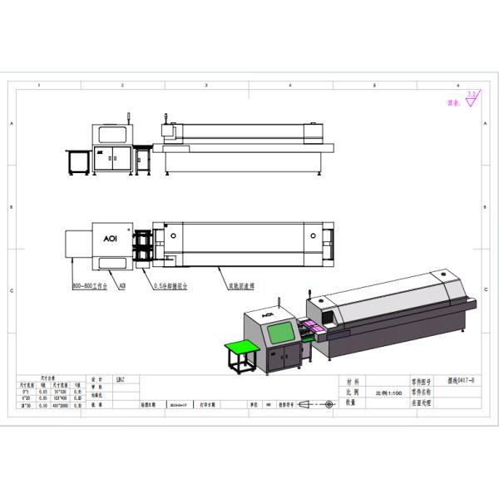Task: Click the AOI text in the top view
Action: click(x=109, y=235)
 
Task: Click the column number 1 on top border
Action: click(x=39, y=86)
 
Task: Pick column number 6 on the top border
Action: click(x=458, y=86)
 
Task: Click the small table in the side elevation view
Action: click(x=80, y=161)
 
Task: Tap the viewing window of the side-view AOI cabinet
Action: click(x=110, y=134)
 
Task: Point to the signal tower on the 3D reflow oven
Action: click(x=312, y=293)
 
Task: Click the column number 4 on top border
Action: click(x=290, y=86)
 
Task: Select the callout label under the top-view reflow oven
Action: click(x=241, y=284)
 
